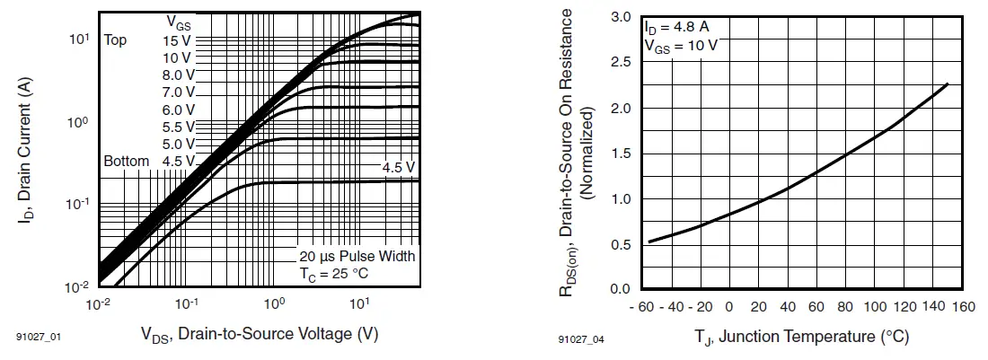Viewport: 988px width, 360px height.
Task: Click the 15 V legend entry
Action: (x=178, y=40)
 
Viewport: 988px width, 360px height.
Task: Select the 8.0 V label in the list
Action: (x=178, y=75)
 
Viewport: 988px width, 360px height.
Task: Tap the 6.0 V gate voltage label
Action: (x=178, y=110)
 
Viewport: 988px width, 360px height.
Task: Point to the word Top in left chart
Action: (x=115, y=40)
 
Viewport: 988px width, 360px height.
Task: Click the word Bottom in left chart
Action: (x=126, y=162)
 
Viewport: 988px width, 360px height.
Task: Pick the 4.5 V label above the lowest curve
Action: (x=398, y=168)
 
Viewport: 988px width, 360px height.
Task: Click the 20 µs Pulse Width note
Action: (x=357, y=257)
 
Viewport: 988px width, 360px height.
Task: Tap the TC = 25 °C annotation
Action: (x=334, y=273)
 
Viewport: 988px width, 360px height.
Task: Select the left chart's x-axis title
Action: (x=259, y=335)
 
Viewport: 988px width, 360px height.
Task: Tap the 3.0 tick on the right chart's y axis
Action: (x=621, y=17)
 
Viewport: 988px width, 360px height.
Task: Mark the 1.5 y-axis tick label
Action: (x=621, y=154)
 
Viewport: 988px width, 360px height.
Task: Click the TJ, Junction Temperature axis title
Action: (x=802, y=337)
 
